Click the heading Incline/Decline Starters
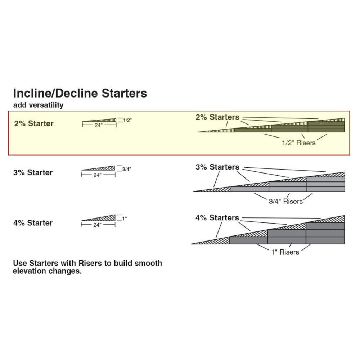point(80,93)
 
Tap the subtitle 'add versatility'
point(38,105)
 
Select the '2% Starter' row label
point(34,123)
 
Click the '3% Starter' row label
point(33,172)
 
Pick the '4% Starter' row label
point(33,223)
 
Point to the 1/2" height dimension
point(127,120)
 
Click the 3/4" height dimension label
point(126,169)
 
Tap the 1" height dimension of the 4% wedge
point(125,219)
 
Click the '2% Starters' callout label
point(217,117)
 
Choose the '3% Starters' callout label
point(217,167)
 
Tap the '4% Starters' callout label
point(217,217)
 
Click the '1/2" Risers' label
point(298,143)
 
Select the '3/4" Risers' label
point(286,201)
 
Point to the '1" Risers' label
point(285,252)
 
